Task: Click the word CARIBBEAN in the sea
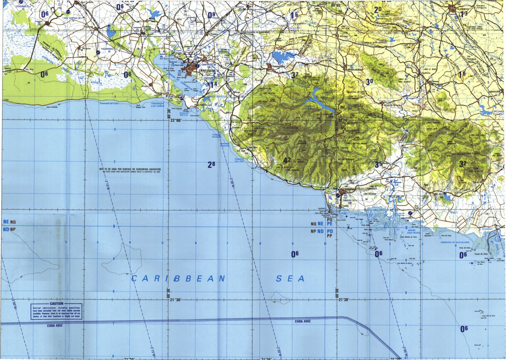[178, 279]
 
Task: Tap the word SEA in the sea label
[291, 279]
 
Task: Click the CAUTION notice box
[56, 311]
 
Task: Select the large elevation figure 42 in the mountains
[287, 161]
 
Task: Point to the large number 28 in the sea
[211, 164]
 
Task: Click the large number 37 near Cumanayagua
[294, 75]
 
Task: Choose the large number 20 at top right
[378, 9]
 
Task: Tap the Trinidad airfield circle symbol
[339, 195]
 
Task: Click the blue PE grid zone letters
[330, 224]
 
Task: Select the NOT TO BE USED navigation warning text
[130, 169]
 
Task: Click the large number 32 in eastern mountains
[463, 164]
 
